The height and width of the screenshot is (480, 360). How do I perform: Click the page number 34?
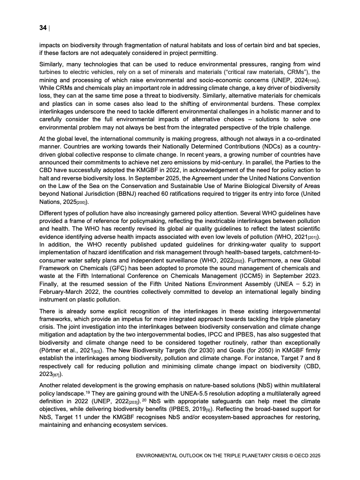(43, 28)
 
